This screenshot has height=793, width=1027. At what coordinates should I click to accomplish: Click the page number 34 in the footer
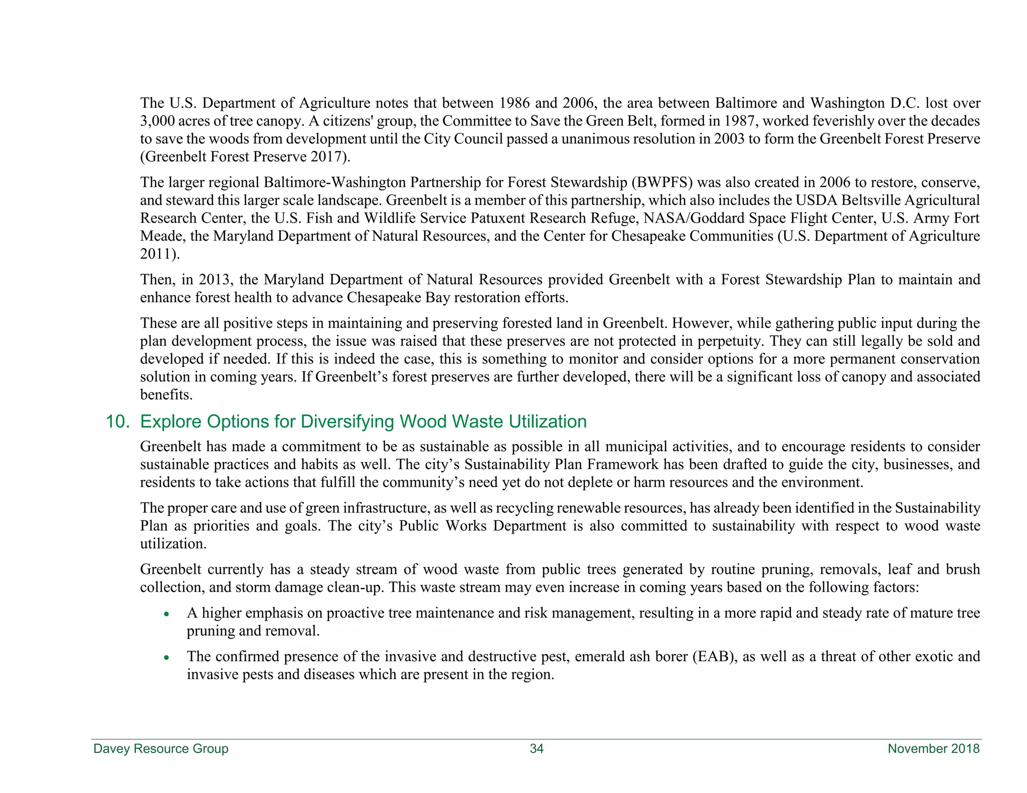pyautogui.click(x=536, y=748)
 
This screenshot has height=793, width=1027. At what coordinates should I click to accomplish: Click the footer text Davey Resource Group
pyautogui.click(x=160, y=748)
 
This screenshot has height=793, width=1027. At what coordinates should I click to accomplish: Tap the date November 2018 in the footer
pyautogui.click(x=933, y=748)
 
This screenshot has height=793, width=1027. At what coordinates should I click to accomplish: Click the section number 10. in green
pyautogui.click(x=117, y=422)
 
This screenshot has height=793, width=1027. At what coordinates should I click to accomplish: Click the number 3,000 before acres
pyautogui.click(x=157, y=121)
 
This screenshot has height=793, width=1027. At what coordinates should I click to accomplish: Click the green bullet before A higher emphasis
pyautogui.click(x=166, y=614)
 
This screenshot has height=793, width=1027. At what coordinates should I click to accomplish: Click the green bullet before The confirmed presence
pyautogui.click(x=166, y=658)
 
